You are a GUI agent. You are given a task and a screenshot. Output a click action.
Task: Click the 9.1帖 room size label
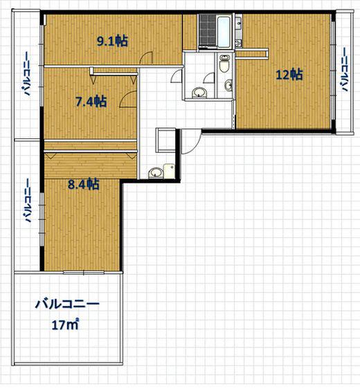pyautogui.click(x=112, y=41)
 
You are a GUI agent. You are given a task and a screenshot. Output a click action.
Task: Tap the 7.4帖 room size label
pyautogui.click(x=91, y=102)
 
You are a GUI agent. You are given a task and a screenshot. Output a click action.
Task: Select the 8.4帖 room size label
pyautogui.click(x=84, y=185)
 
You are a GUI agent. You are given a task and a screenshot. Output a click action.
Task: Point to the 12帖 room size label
pyautogui.click(x=289, y=75)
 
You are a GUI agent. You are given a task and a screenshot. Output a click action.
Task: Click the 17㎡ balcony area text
pyautogui.click(x=65, y=325)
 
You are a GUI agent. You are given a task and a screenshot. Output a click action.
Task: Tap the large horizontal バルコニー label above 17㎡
pyautogui.click(x=67, y=304)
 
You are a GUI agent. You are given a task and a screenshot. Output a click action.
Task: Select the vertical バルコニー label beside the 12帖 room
pyautogui.click(x=345, y=70)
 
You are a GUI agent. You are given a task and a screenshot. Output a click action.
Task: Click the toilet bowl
pyautogui.click(x=224, y=64)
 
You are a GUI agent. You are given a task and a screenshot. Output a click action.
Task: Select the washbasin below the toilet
pyautogui.click(x=228, y=85)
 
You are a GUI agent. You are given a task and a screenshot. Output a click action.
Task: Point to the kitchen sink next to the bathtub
pyautogui.click(x=239, y=22)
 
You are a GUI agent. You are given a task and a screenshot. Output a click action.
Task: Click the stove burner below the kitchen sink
pyautogui.click(x=239, y=44)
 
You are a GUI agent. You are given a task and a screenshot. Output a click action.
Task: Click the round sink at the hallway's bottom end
pyautogui.click(x=156, y=173)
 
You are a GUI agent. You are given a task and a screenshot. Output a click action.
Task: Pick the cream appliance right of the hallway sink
pyautogui.click(x=169, y=171)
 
